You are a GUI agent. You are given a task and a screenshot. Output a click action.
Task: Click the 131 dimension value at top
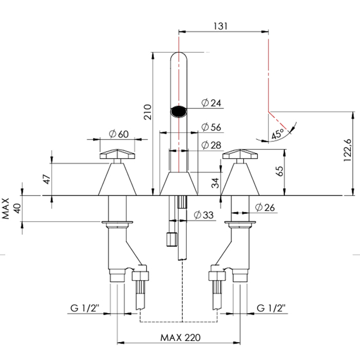tap(221, 26)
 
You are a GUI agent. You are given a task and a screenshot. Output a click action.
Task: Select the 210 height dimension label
tap(148, 112)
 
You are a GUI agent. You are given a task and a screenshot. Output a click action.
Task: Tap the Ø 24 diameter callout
tap(211, 103)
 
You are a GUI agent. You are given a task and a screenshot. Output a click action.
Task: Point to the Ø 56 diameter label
tap(211, 127)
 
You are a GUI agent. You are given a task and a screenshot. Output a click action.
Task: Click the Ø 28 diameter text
tap(211, 145)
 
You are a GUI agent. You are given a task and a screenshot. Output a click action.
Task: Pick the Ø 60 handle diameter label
tap(119, 134)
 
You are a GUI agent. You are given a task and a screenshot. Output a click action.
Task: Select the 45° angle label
tap(278, 134)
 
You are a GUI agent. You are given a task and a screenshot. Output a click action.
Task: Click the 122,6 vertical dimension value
tap(347, 150)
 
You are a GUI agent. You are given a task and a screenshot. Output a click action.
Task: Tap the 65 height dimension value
tap(280, 171)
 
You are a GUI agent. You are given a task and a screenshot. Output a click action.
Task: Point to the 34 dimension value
tap(215, 183)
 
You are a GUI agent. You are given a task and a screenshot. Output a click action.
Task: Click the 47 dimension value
tap(47, 179)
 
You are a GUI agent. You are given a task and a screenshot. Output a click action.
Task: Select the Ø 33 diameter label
tap(204, 215)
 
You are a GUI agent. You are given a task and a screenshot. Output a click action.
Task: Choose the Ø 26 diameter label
tap(265, 208)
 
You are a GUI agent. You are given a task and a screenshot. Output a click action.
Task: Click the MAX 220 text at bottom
tap(181, 338)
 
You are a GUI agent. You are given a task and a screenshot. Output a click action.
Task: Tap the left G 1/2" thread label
tap(85, 308)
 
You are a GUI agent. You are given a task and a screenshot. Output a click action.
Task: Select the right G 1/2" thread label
tap(271, 308)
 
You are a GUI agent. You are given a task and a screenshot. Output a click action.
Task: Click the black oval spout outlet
tap(178, 112)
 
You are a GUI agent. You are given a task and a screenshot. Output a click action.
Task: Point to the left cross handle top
tap(117, 154)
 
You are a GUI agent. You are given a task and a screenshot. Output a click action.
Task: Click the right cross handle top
tap(240, 154)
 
